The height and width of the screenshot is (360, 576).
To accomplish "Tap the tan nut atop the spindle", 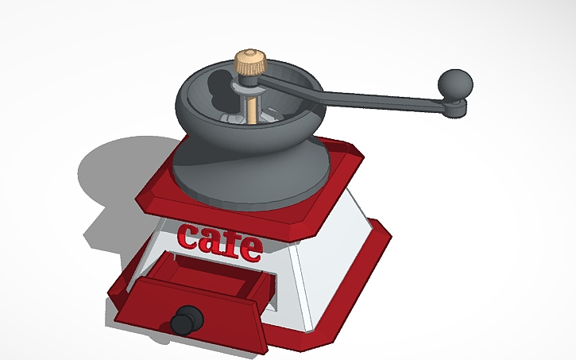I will [x=249, y=62].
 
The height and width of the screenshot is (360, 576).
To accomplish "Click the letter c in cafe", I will [x=190, y=236].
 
